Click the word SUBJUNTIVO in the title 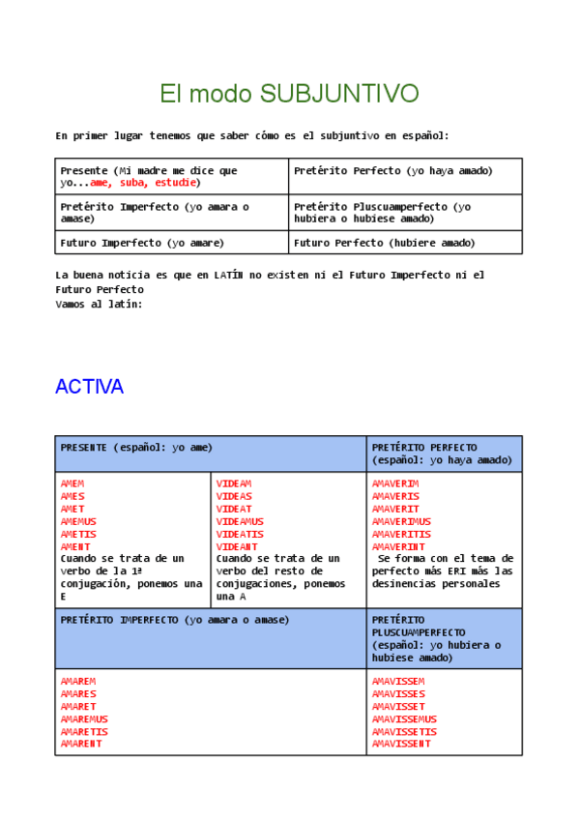339,94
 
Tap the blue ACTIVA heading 89,387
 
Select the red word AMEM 72,483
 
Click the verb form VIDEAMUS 241,521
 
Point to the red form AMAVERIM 395,483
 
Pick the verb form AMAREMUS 84,718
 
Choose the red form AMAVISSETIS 405,731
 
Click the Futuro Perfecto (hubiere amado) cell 385,243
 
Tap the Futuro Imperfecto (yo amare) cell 142,243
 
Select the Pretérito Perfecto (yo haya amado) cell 393,171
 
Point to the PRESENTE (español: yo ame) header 136,448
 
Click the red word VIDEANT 237,546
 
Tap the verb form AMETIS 78,534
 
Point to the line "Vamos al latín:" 99,304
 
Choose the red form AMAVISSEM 398,681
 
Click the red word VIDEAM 234,483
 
